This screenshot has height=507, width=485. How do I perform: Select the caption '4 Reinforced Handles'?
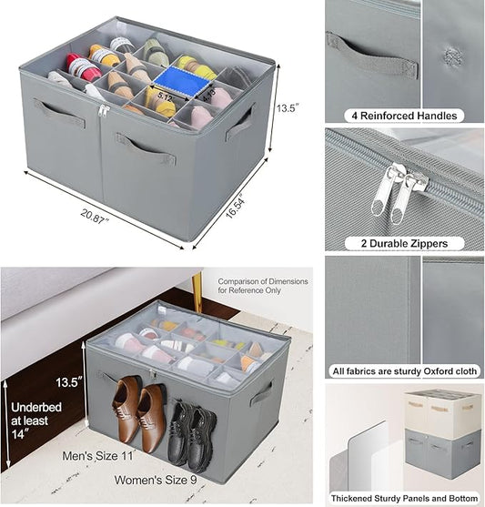pyautogui.click(x=404, y=116)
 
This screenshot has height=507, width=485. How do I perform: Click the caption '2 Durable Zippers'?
pyautogui.click(x=404, y=243)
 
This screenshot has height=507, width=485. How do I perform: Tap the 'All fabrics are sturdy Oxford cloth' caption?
pyautogui.click(x=404, y=370)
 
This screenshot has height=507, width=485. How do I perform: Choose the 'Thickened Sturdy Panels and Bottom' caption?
pyautogui.click(x=404, y=497)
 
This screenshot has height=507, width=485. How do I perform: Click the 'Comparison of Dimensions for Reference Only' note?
pyautogui.click(x=261, y=287)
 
